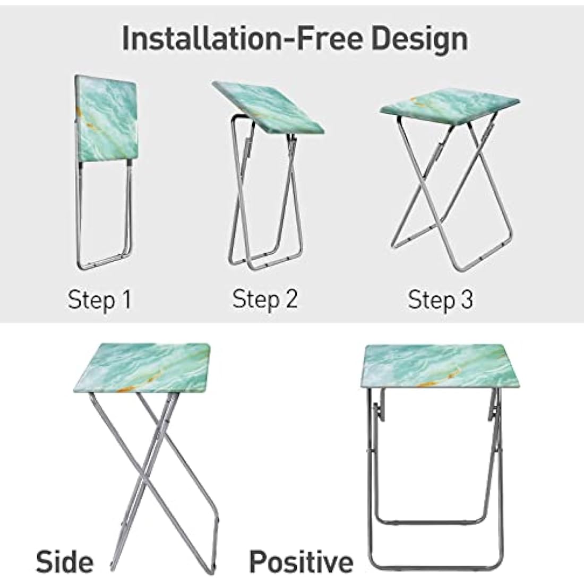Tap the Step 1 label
pyautogui.click(x=99, y=300)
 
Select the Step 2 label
pyautogui.click(x=265, y=299)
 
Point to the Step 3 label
pyautogui.click(x=440, y=300)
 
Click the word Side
pyautogui.click(x=64, y=561)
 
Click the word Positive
pyautogui.click(x=301, y=561)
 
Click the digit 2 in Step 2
pyautogui.click(x=290, y=299)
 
